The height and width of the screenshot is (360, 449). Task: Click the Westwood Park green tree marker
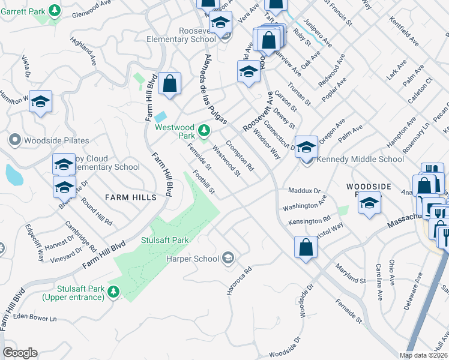(x=204, y=129)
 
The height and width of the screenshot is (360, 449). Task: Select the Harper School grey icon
(x=228, y=259)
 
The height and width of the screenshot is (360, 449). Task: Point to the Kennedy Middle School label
(x=360, y=160)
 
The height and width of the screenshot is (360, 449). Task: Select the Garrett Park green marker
(x=55, y=11)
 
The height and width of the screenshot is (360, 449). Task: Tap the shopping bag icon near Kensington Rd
(x=306, y=247)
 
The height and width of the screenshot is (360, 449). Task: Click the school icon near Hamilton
(x=41, y=101)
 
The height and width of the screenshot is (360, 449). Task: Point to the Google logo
(x=20, y=353)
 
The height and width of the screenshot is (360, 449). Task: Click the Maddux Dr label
(x=305, y=191)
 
